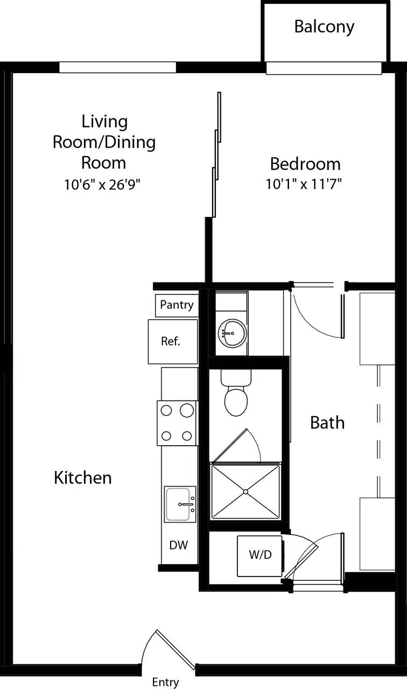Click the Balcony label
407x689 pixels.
tap(324, 27)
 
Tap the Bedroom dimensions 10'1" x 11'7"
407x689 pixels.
tap(304, 184)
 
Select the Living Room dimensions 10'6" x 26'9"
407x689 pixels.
tap(103, 185)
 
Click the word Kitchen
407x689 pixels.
tap(83, 477)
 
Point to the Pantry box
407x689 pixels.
tap(177, 305)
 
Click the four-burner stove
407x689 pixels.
tap(177, 423)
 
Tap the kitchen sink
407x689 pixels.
tap(180, 504)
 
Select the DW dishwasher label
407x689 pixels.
tap(178, 545)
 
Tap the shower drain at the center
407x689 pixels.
tap(245, 491)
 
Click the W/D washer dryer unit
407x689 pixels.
tap(260, 556)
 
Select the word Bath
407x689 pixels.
tap(327, 423)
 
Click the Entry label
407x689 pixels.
tap(165, 683)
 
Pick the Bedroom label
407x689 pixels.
tap(305, 164)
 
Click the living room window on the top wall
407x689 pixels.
tap(117, 67)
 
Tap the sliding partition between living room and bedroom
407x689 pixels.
tap(216, 156)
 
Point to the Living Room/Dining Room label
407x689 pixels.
tap(104, 142)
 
